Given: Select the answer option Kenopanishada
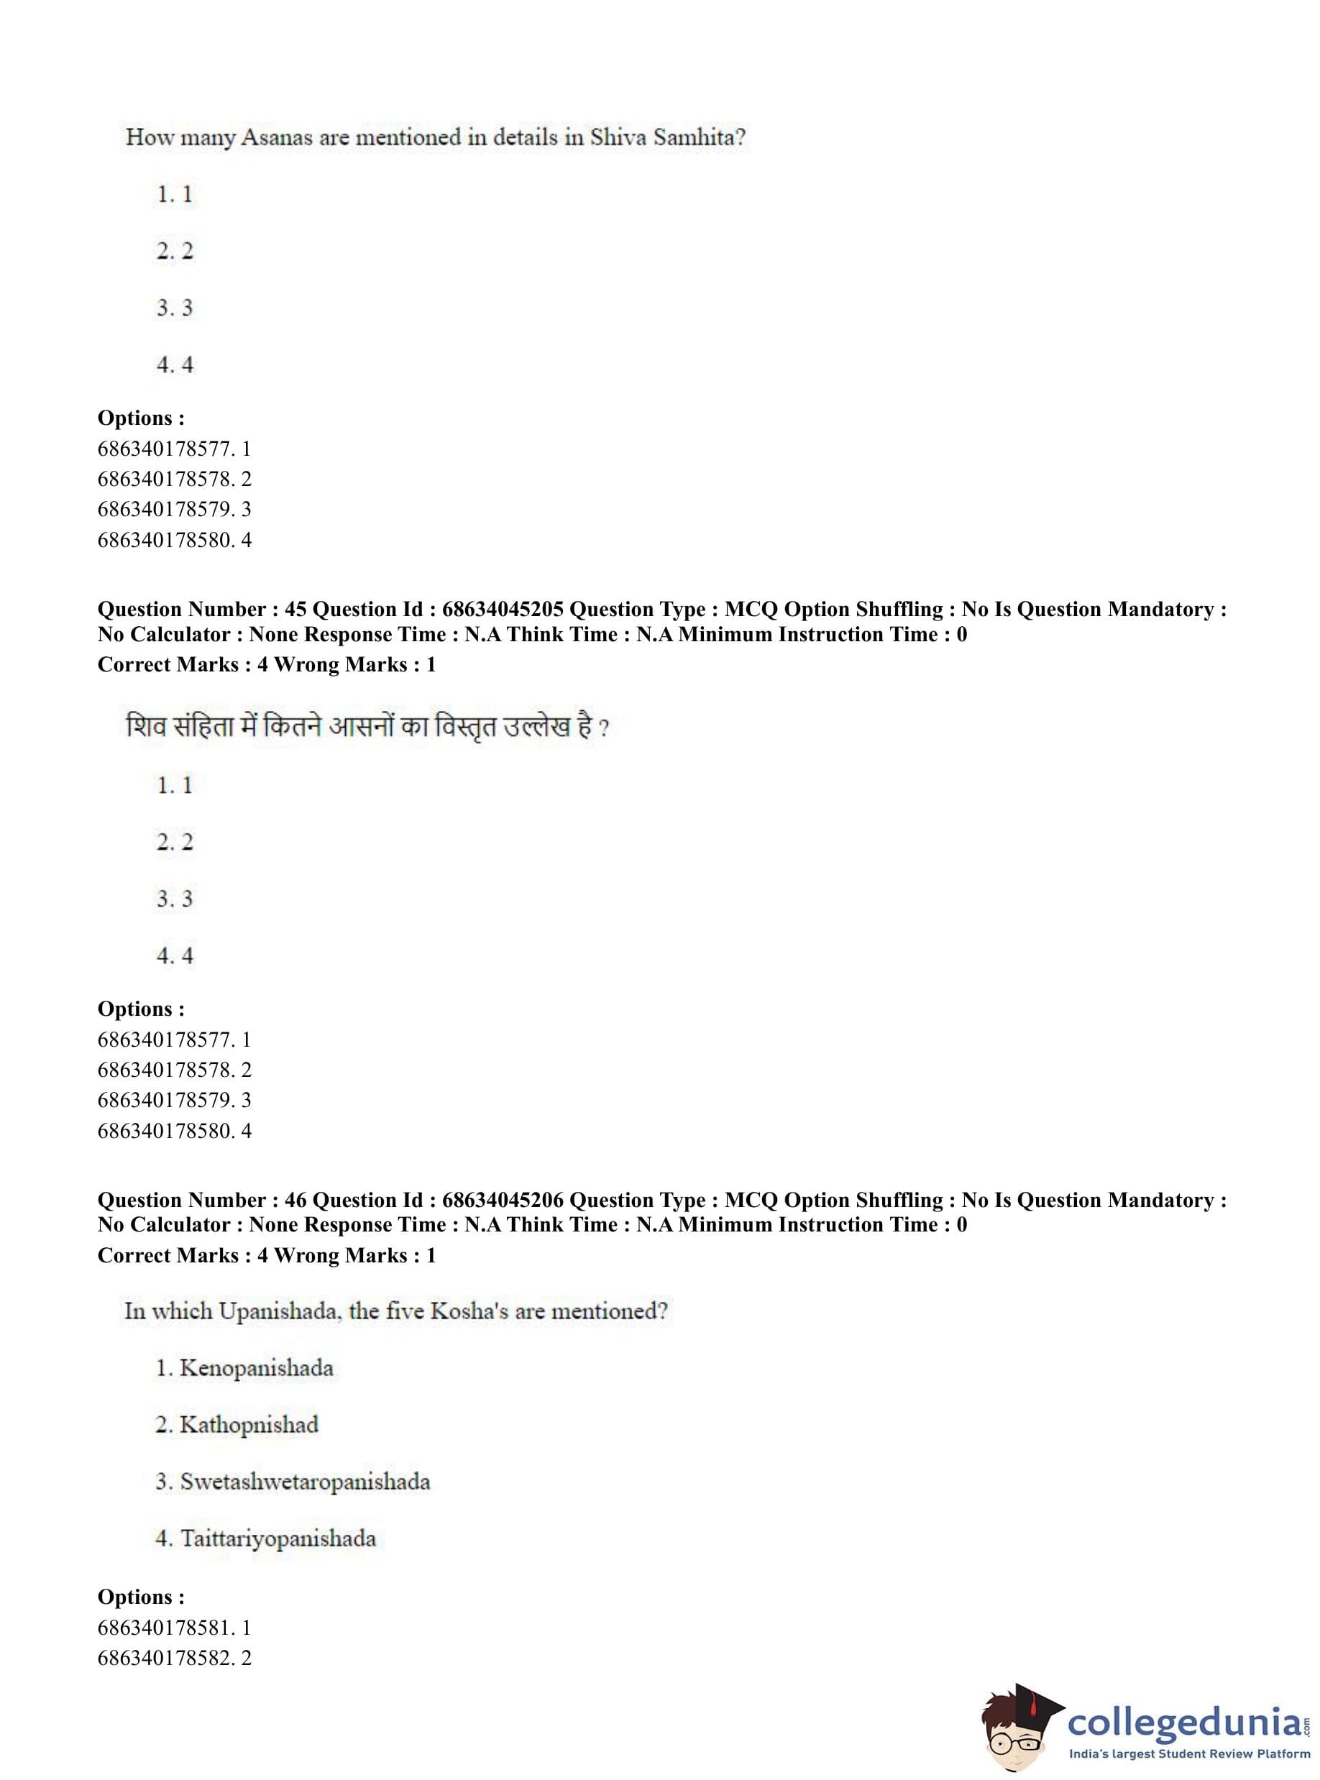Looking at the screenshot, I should coord(256,1368).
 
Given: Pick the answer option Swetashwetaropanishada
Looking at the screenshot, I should coord(304,1481).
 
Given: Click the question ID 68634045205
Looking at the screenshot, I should coord(503,610).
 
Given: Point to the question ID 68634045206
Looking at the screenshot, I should coord(503,1200).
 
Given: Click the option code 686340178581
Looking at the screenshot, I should coord(166,1628).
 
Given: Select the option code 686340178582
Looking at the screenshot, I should coord(166,1658).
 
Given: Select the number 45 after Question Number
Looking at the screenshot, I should coord(295,610).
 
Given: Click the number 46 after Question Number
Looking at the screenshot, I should coord(295,1200).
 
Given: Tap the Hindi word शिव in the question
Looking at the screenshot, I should coord(145,727).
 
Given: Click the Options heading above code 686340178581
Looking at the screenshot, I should coord(141,1596).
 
